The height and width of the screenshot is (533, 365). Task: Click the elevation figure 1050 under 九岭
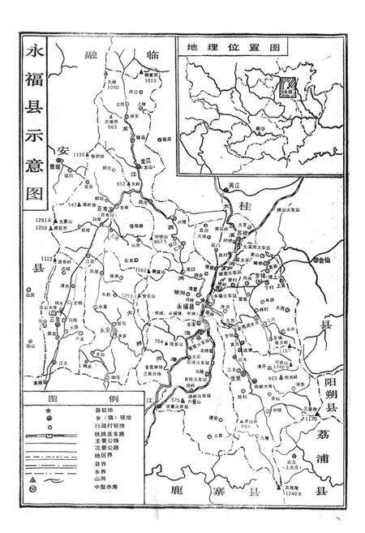(x=112, y=108)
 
